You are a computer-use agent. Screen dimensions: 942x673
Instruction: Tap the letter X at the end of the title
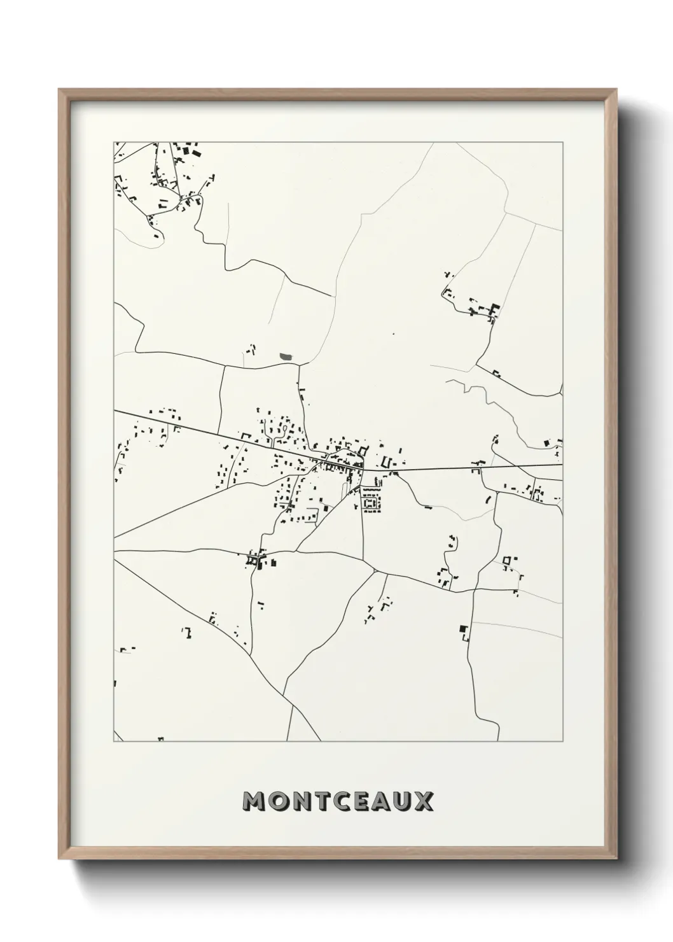(422, 802)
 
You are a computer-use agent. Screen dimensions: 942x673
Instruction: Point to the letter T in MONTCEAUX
(324, 802)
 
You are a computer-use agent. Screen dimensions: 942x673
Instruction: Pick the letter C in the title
(343, 802)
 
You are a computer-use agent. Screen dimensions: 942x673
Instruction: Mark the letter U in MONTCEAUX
(402, 802)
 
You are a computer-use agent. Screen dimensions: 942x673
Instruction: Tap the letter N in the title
(302, 802)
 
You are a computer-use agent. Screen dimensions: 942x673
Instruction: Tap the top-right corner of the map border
(562, 143)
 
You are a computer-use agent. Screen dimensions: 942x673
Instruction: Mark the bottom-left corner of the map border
(114, 742)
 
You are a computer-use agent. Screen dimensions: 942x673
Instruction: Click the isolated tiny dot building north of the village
(394, 334)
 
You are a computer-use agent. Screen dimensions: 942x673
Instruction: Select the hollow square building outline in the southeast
(507, 561)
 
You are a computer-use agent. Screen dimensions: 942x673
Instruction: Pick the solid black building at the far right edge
(546, 442)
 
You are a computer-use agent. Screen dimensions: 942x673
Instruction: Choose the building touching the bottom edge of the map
(161, 739)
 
